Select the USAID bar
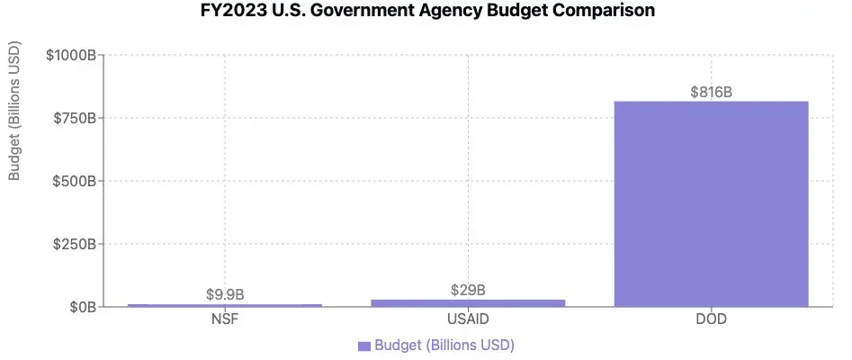(x=468, y=302)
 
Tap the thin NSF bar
(x=225, y=305)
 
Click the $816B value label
(x=711, y=92)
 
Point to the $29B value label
(x=468, y=290)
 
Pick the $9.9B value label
(x=225, y=294)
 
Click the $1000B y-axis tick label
(x=71, y=55)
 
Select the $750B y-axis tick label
(x=75, y=118)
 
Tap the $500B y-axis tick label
(x=75, y=181)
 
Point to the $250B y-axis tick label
(x=75, y=244)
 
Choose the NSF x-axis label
(x=225, y=320)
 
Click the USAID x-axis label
(x=468, y=320)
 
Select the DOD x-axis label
(x=711, y=320)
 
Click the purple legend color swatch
(x=364, y=346)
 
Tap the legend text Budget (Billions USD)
(x=444, y=346)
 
